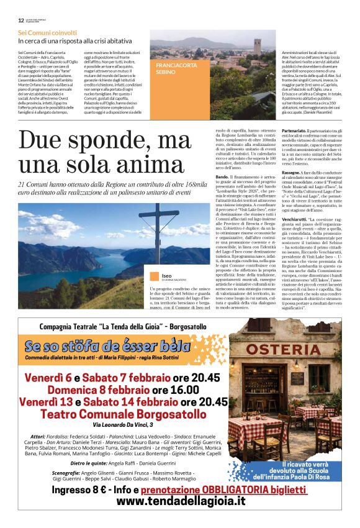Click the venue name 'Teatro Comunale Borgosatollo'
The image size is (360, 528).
point(123,414)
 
